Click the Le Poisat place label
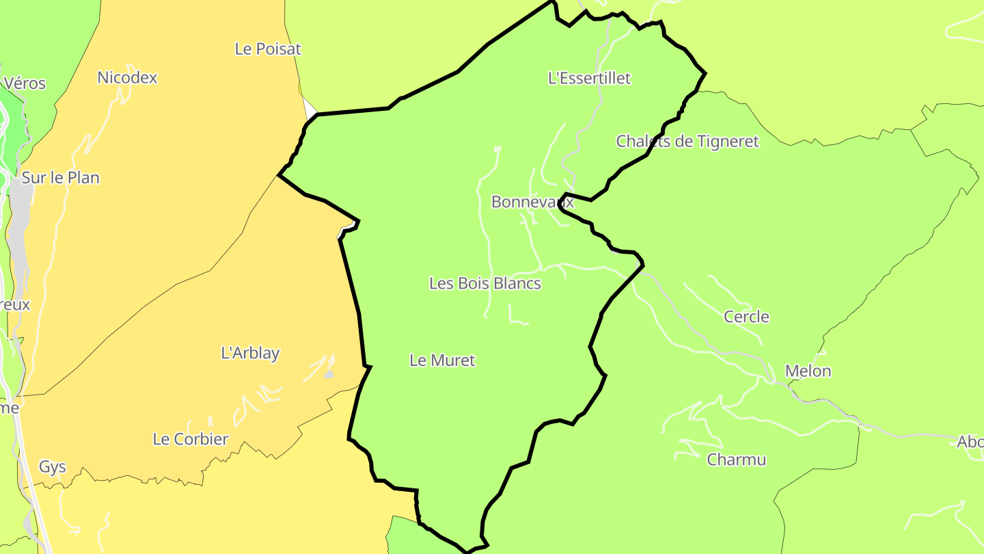268,49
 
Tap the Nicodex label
127,78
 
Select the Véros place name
25,83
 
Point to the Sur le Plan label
60,178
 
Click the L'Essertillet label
589,78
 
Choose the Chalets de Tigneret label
687,142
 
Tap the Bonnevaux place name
533,202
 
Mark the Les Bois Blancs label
485,283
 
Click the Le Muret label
442,360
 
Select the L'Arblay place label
250,354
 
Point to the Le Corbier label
191,439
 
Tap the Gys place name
53,467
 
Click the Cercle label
746,317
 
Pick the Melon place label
808,371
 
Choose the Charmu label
737,460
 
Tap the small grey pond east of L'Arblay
329,374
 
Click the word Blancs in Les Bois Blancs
517,283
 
